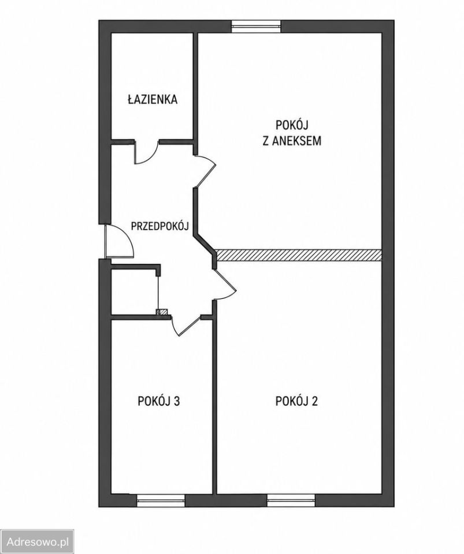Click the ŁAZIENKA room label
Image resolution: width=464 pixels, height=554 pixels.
click(153, 99)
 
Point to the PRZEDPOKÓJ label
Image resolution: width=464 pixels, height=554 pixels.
click(159, 226)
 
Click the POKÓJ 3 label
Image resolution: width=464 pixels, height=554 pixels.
click(159, 401)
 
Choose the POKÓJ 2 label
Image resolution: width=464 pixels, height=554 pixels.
click(296, 401)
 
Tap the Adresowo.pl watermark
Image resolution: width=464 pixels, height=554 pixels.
click(38, 542)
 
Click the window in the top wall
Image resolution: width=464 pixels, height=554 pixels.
click(256, 27)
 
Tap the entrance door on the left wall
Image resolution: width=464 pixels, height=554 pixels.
click(119, 241)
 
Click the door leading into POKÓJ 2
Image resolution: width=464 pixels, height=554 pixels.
click(224, 285)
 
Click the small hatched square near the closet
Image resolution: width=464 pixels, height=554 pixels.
click(163, 312)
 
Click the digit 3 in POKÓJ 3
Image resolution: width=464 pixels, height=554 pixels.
click(177, 401)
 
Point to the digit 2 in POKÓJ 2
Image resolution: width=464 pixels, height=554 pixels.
click(314, 401)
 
